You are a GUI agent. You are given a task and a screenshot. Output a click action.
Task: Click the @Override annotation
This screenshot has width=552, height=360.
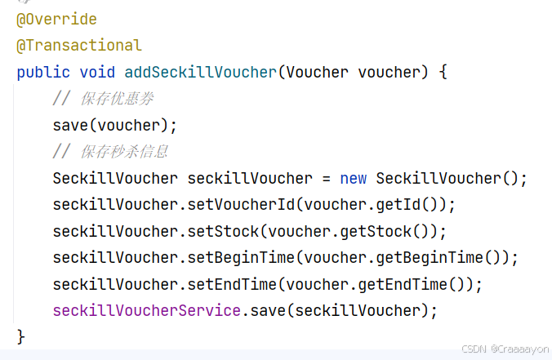tap(56, 19)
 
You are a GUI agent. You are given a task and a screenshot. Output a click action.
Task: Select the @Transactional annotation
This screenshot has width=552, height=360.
tap(78, 45)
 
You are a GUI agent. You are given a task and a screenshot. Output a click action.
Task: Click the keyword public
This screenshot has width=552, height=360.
tap(43, 72)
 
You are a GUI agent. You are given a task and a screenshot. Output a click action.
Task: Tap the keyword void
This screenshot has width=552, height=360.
tap(97, 72)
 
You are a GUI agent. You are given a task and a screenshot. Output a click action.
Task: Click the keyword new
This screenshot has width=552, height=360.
tap(354, 178)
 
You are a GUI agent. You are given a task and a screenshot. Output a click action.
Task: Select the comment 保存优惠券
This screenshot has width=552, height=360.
tap(117, 99)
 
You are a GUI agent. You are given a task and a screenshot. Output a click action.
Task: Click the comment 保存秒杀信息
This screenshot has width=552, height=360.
tap(124, 152)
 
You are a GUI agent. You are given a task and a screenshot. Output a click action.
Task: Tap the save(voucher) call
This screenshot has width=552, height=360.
tap(114, 125)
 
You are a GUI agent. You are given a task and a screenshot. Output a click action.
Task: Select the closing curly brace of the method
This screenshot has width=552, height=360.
tap(21, 336)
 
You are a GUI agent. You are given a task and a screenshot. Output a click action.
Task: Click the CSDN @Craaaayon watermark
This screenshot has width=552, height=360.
tap(505, 349)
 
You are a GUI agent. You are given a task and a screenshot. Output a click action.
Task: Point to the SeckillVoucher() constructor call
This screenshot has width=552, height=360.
tap(452, 178)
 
